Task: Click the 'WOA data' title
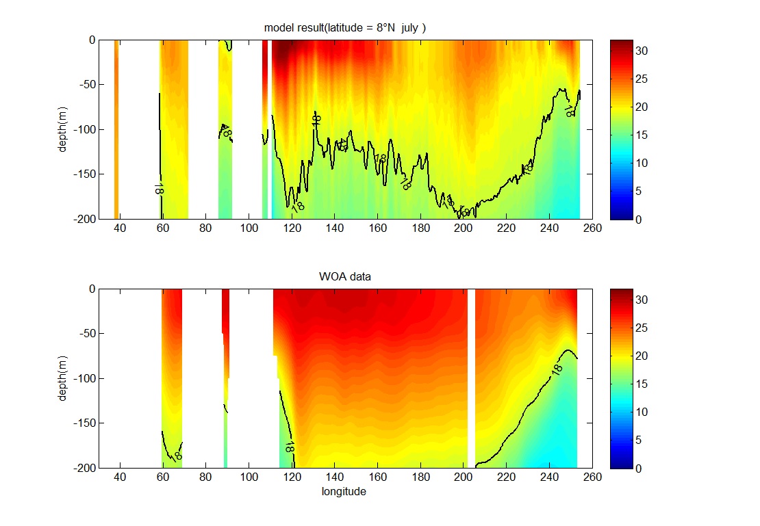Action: (346, 276)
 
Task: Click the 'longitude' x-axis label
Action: (344, 492)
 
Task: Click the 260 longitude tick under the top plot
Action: (593, 228)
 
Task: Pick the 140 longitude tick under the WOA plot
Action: (335, 477)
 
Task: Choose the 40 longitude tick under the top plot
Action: (120, 228)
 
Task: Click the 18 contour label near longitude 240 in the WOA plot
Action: (557, 369)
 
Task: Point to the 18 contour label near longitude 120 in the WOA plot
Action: (290, 447)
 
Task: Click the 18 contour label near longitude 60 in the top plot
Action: (159, 188)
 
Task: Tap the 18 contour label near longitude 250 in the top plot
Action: (570, 111)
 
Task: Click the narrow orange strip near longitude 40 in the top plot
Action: (116, 129)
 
